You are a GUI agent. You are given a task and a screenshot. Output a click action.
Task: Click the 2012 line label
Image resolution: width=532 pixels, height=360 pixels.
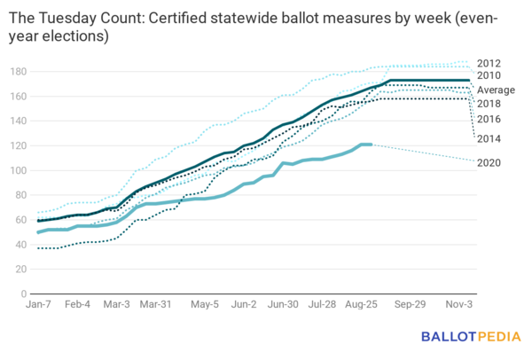click(x=489, y=63)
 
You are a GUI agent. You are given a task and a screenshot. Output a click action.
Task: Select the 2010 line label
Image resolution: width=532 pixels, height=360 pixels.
click(x=489, y=76)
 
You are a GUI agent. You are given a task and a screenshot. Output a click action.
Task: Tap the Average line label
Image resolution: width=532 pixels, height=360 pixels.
click(x=495, y=90)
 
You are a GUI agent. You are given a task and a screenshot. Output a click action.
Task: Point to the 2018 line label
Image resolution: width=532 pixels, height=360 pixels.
click(x=489, y=104)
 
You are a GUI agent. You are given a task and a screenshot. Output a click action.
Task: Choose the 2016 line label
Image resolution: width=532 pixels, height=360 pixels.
click(x=489, y=119)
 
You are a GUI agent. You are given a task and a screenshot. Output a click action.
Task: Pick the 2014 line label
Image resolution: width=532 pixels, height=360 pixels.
click(x=489, y=138)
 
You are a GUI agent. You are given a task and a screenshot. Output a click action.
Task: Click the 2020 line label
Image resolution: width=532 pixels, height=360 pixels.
click(x=489, y=162)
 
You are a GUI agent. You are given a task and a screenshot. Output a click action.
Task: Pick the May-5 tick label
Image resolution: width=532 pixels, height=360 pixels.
click(x=205, y=304)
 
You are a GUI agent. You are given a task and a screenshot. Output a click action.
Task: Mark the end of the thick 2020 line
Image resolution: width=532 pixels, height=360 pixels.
click(x=370, y=145)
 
